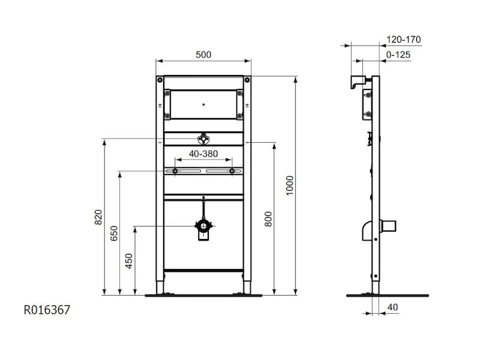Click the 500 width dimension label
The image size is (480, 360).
pyautogui.click(x=203, y=55)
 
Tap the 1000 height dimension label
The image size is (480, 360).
pyautogui.click(x=290, y=185)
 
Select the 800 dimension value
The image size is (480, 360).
pyautogui.click(x=268, y=219)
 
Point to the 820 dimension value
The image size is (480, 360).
pyautogui.click(x=98, y=217)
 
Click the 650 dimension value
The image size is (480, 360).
pyautogui.click(x=114, y=233)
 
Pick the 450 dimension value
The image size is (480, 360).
pyautogui.click(x=129, y=261)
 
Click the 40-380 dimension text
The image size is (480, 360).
pyautogui.click(x=203, y=154)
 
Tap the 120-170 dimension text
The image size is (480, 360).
pyautogui.click(x=403, y=40)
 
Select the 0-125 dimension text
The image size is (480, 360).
pyautogui.click(x=398, y=55)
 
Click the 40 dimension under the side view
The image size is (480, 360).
pyautogui.click(x=392, y=307)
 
